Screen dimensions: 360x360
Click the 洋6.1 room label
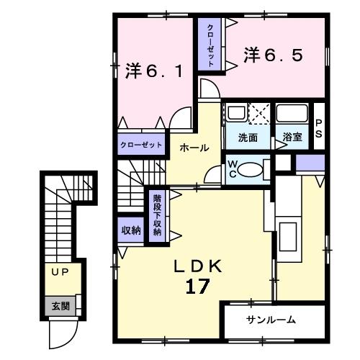point(154,71)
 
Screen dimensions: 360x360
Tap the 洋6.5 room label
point(273,55)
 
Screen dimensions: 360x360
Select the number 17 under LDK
point(197,287)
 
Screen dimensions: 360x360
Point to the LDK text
point(197,266)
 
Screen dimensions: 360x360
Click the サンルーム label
point(271,320)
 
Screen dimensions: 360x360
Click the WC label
point(232,169)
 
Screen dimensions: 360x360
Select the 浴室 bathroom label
point(292,137)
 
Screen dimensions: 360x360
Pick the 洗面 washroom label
point(248,138)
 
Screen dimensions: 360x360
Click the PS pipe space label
point(318,129)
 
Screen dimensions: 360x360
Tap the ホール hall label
point(194,148)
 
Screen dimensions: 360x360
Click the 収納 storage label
point(131,230)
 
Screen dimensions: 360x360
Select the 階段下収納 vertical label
point(157,215)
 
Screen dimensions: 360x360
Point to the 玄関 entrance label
point(60,306)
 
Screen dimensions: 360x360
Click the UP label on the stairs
point(60,272)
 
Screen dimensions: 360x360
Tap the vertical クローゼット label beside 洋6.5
point(210,45)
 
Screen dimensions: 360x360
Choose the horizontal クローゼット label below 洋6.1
point(141,145)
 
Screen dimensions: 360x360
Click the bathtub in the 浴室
point(292,113)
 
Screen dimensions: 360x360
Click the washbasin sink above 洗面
point(235,112)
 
